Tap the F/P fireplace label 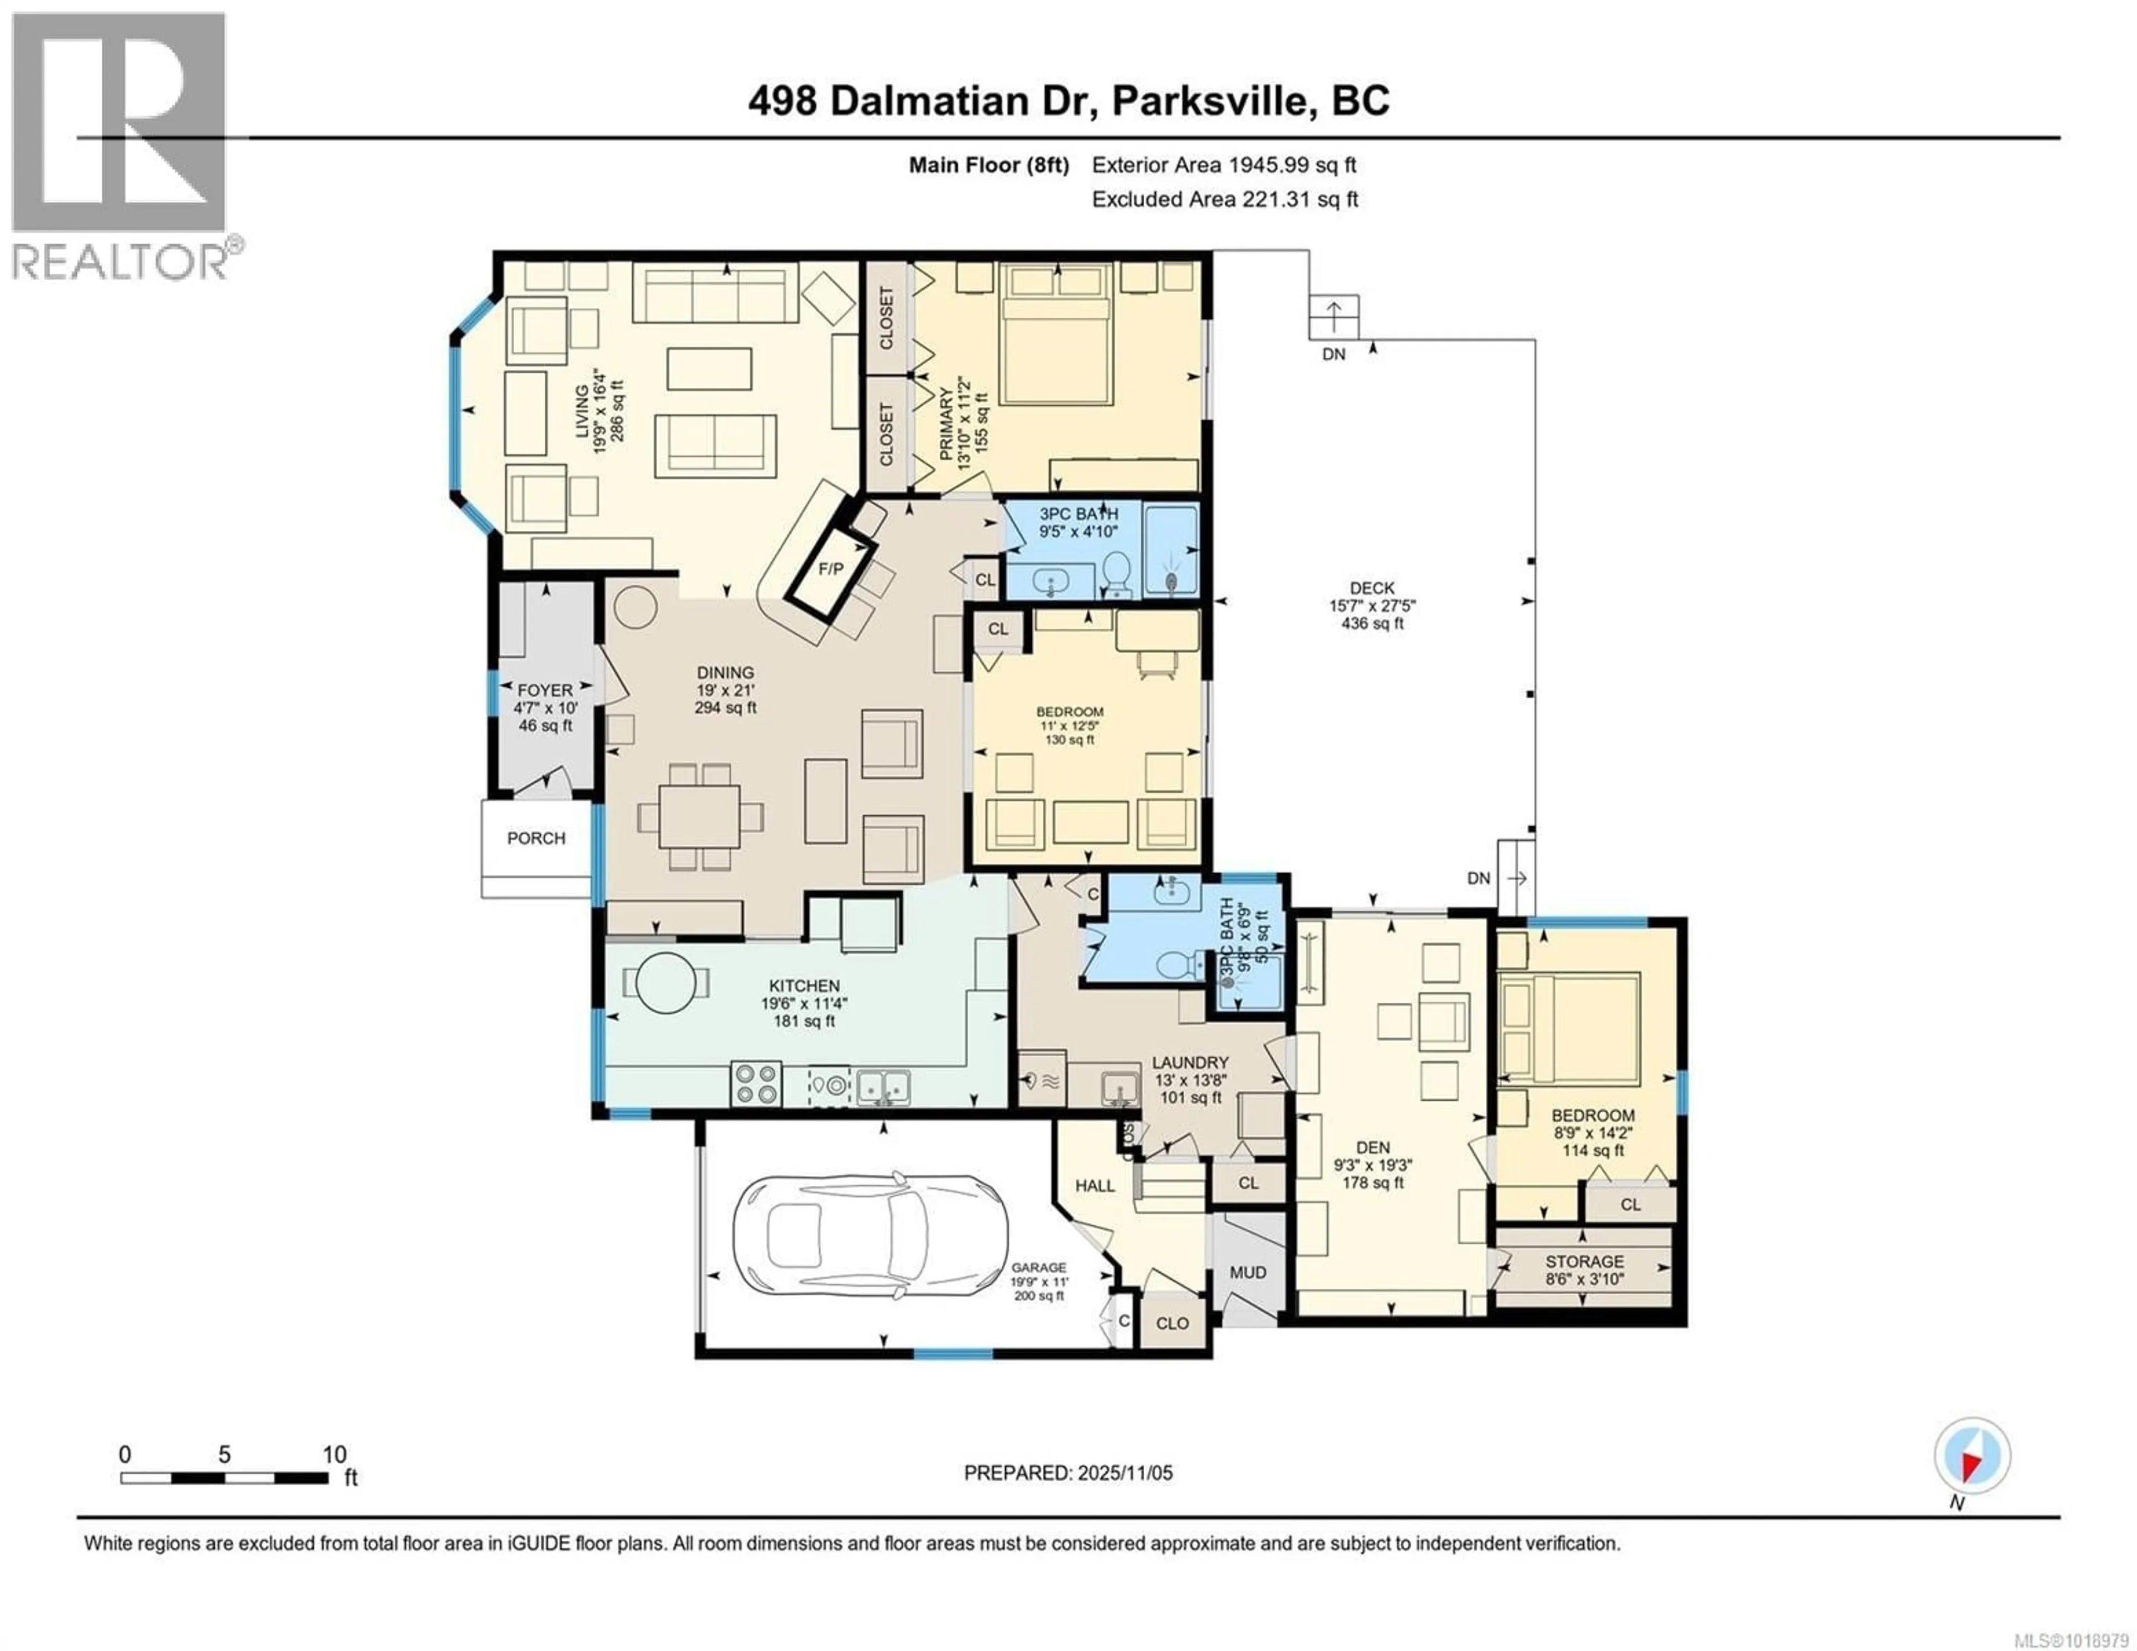[830, 569]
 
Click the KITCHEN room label [804, 985]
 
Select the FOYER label [545, 690]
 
